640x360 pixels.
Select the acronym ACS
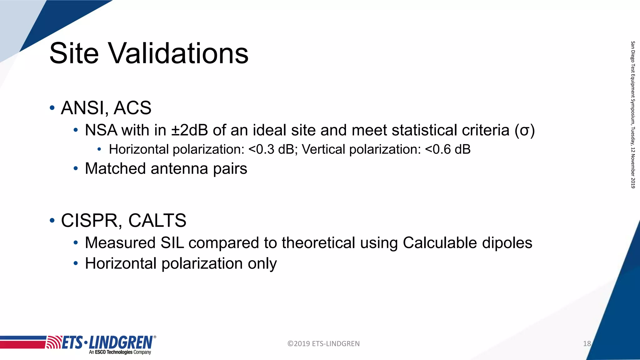pos(132,108)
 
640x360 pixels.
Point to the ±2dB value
pos(189,130)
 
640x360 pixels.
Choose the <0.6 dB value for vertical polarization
pos(448,149)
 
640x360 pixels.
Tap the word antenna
pos(179,168)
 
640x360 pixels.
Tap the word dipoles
pos(507,243)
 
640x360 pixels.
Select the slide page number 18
pos(587,344)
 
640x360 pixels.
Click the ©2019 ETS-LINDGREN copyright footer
pos(323,344)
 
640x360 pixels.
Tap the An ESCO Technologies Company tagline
pos(120,352)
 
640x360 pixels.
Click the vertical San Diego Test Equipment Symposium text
pos(633,114)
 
